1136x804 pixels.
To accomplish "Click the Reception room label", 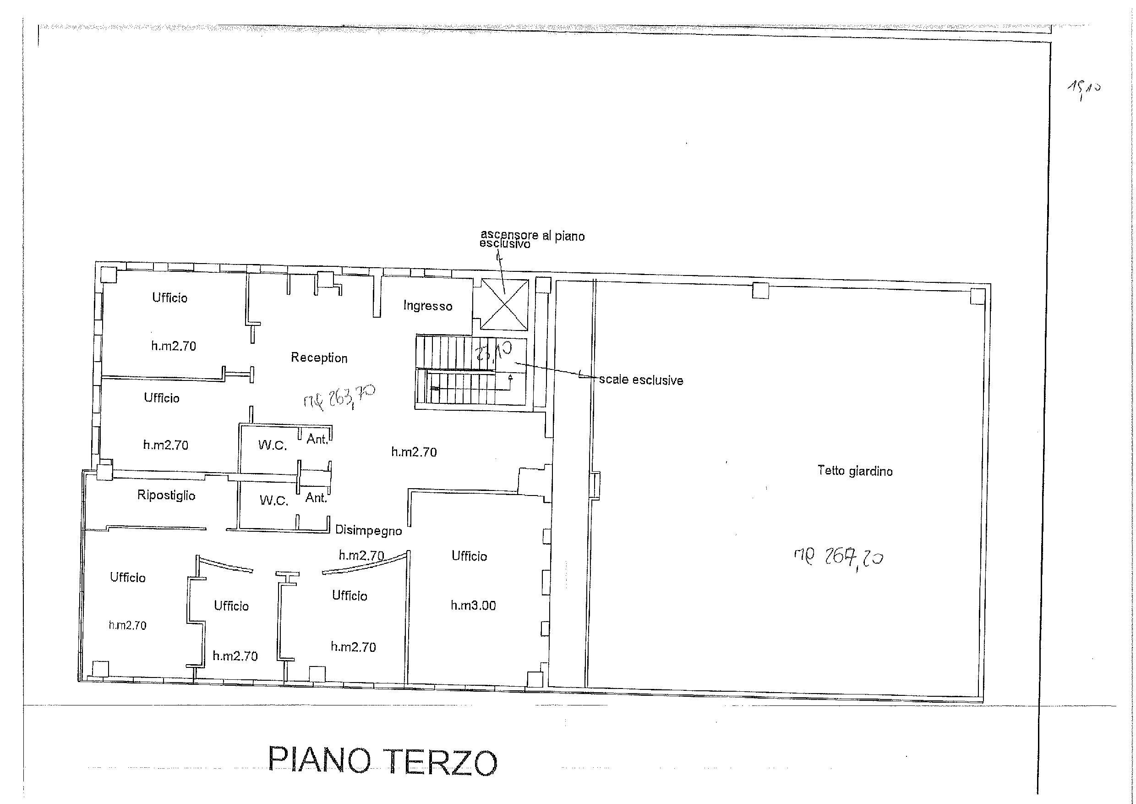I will coord(319,358).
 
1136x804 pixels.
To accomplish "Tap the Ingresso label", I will coord(427,306).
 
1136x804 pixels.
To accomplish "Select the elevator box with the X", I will coord(504,304).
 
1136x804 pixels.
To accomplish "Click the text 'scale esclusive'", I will coord(641,380).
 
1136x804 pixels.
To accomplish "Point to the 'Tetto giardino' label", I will coord(854,470).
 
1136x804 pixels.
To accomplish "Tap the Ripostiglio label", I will coord(166,495).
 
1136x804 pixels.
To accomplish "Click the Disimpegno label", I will coord(368,530).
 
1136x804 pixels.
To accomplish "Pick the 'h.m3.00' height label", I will coord(473,605).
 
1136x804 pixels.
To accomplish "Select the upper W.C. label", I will coord(272,445).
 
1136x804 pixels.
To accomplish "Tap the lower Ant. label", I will coord(316,497).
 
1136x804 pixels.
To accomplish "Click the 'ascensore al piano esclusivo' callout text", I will coord(532,239).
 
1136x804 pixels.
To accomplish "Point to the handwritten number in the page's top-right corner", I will coord(1082,91).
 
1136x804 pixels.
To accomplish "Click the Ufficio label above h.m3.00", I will coord(469,556).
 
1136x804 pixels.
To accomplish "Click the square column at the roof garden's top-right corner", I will coord(977,297).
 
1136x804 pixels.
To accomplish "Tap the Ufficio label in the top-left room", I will coord(169,297).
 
